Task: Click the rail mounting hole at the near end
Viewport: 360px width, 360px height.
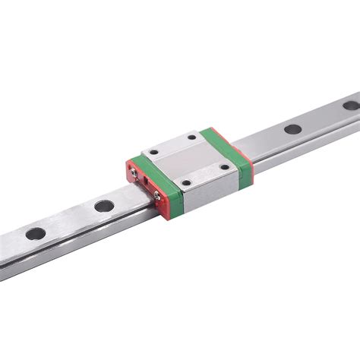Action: click(35, 234)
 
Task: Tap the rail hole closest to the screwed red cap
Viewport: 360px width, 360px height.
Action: click(102, 205)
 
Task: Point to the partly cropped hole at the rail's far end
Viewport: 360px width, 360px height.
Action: click(350, 105)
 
